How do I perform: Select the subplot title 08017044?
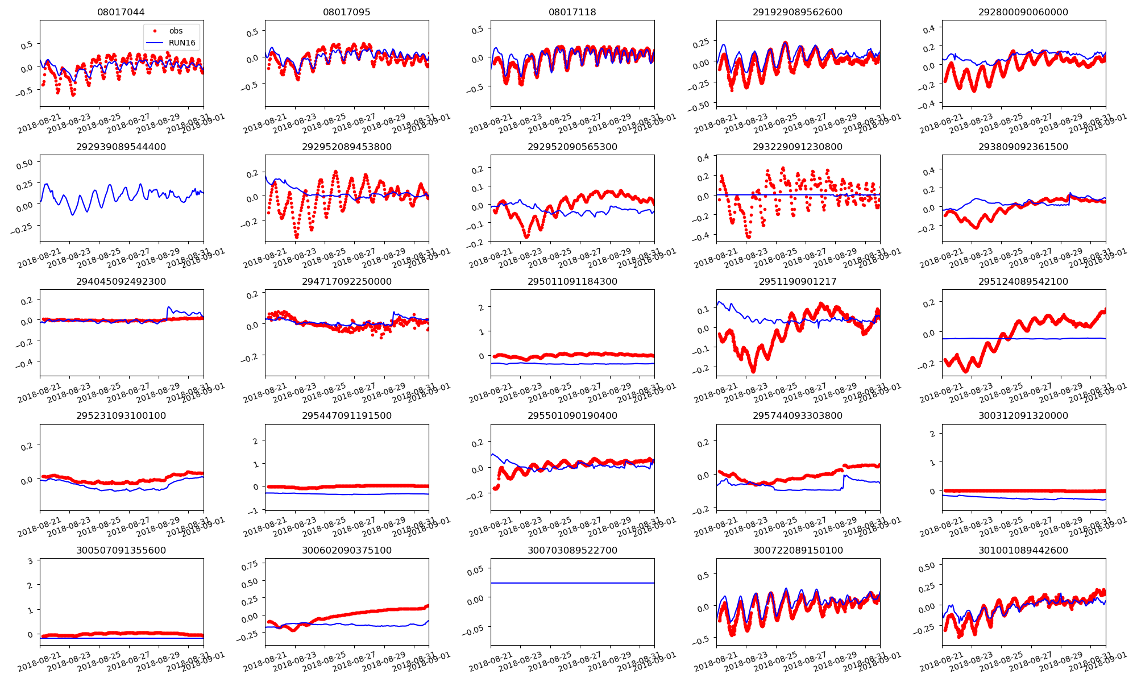point(121,12)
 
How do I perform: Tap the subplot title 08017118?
point(572,12)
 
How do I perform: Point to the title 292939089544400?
point(121,147)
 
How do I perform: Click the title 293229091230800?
point(798,147)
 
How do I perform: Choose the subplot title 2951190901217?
point(798,281)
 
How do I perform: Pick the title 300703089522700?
point(572,550)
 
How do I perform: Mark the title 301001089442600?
point(1023,550)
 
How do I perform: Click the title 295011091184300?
point(572,281)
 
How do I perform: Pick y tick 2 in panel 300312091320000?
point(932,434)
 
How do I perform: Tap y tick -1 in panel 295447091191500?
point(255,510)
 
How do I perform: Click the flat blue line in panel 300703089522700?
point(572,583)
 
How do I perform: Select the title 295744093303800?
point(798,415)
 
